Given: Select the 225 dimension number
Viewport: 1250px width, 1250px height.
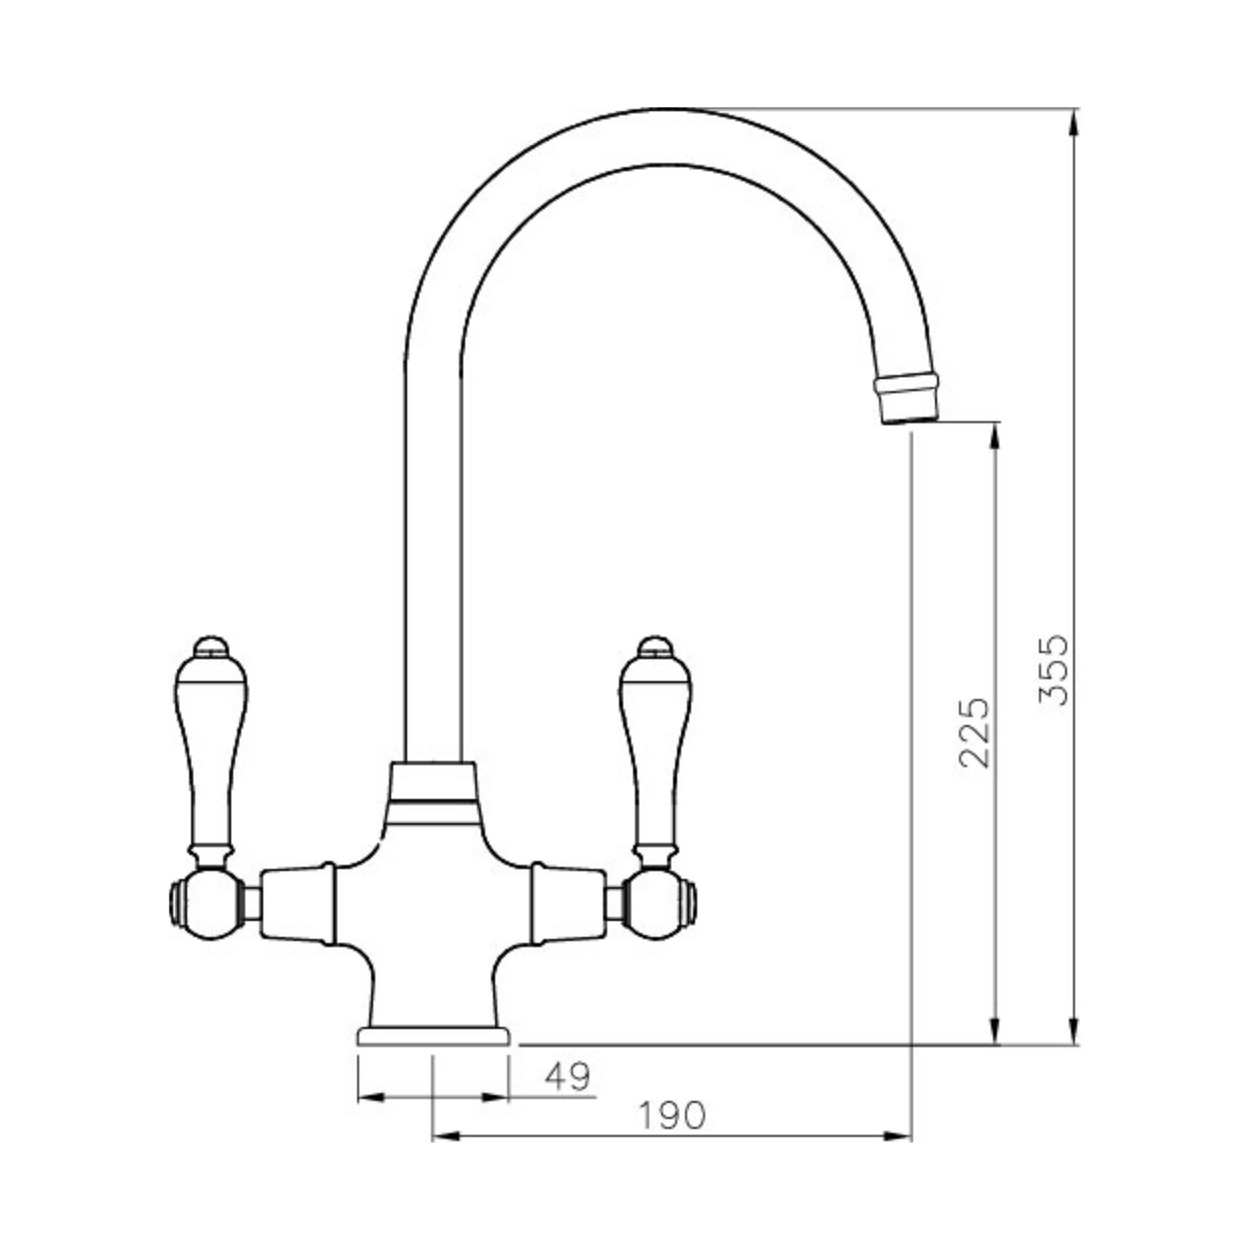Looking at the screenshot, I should (975, 732).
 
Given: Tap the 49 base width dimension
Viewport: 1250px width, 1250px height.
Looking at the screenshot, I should (567, 1077).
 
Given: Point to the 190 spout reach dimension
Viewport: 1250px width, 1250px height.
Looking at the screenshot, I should (671, 1116).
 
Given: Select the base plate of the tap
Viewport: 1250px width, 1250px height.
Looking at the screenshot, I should (434, 1036).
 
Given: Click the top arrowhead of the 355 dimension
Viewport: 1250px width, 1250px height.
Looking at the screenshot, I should (1074, 121).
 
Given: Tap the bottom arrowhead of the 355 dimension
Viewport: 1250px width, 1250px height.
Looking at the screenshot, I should (1074, 1033).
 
